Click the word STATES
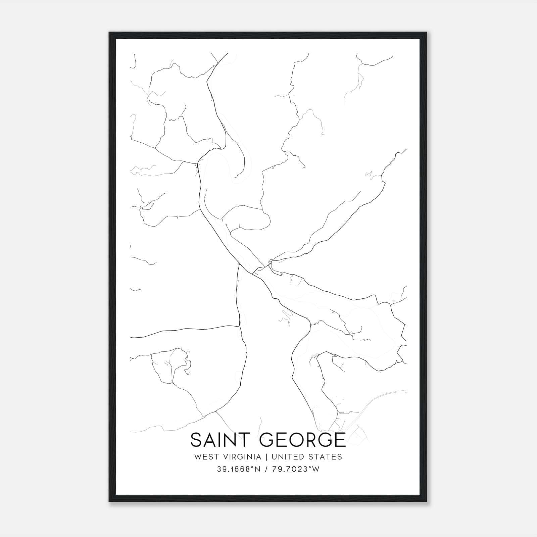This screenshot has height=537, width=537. tap(326, 457)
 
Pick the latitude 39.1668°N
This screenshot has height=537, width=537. tap(239, 469)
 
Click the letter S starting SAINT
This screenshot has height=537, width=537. tap(196, 440)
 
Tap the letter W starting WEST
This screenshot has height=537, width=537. tap(197, 457)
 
